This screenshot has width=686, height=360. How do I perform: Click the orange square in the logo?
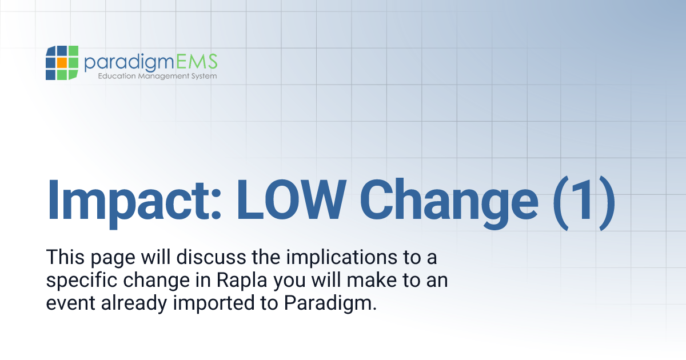[62, 63]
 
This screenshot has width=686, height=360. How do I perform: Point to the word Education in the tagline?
[118, 76]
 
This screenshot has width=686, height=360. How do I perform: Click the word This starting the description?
[65, 258]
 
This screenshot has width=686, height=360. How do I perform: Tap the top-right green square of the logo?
[73, 51]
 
